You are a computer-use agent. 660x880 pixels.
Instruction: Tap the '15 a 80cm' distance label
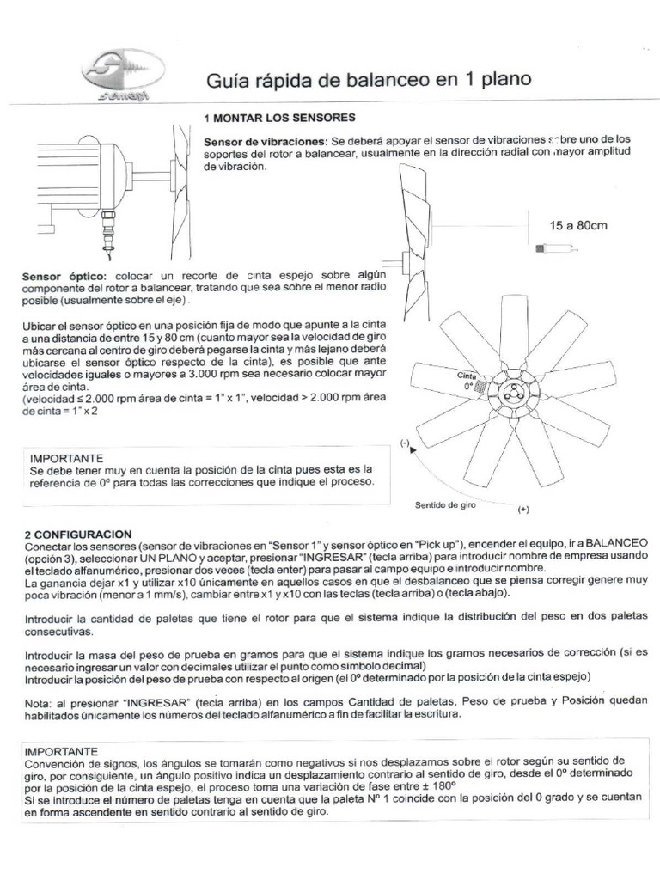pos(577,226)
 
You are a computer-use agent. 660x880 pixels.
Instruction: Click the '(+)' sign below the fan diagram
pos(524,509)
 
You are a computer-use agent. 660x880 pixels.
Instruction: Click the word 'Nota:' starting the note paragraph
pos(41,700)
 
